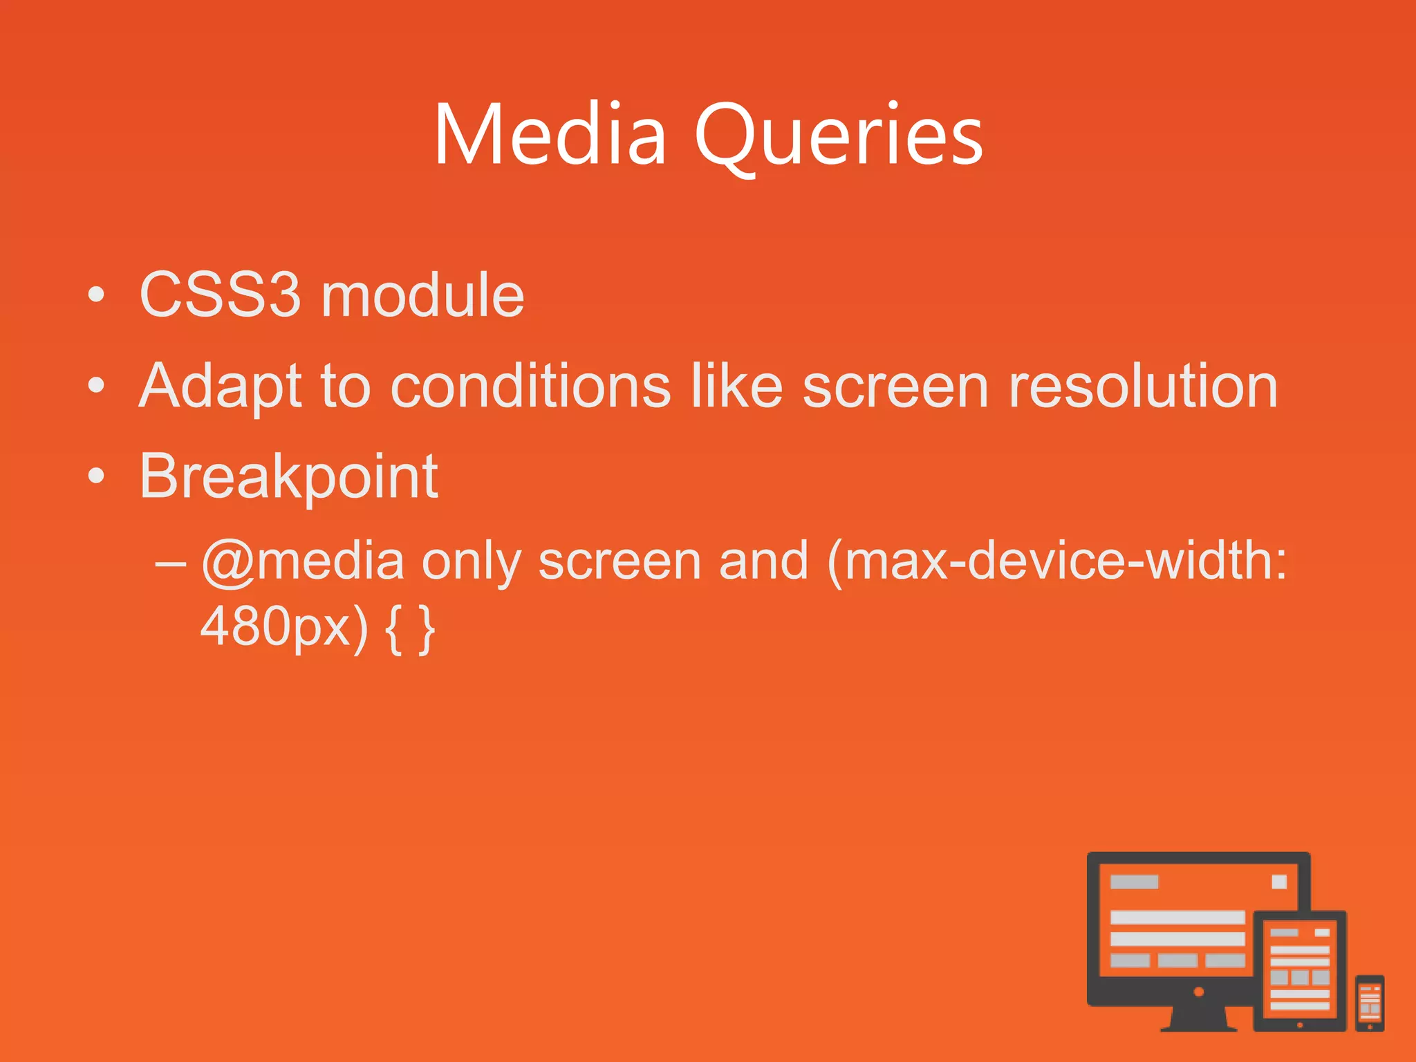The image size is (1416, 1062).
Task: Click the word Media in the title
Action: tap(550, 135)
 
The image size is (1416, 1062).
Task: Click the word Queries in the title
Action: tap(839, 135)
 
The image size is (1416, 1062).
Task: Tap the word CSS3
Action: tap(220, 295)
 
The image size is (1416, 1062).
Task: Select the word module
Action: tap(422, 295)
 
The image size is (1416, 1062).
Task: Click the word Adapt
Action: tap(220, 387)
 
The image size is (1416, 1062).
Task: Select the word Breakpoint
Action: tap(288, 477)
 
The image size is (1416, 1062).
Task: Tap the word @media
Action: tap(302, 561)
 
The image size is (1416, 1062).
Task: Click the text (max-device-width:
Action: tap(1057, 561)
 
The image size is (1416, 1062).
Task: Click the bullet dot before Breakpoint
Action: tap(97, 476)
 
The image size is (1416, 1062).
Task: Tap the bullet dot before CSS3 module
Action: tap(97, 295)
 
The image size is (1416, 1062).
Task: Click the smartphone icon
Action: tap(1369, 1003)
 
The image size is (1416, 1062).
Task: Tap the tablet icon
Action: tap(1300, 971)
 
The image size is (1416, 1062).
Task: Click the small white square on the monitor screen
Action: tap(1279, 882)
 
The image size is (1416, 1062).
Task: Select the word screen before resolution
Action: tap(895, 387)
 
